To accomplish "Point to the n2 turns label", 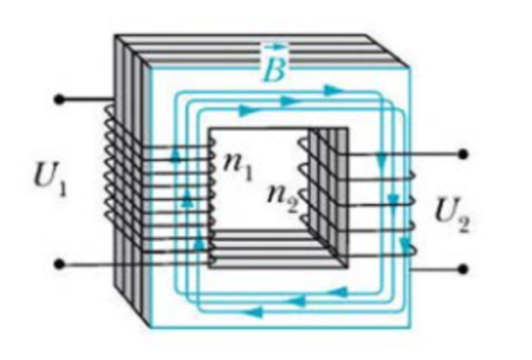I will click(x=281, y=197).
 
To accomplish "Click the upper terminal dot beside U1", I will click(x=58, y=99).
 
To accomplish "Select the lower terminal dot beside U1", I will click(x=58, y=265).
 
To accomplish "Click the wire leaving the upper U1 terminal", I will click(x=84, y=99).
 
